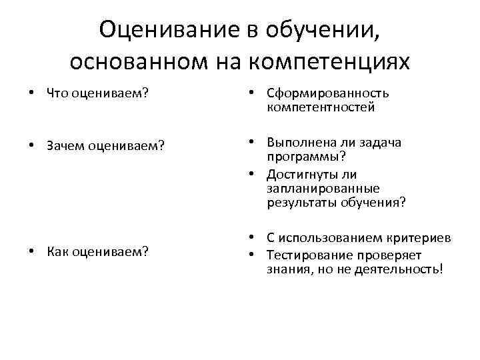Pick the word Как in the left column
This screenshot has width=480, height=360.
(x=58, y=252)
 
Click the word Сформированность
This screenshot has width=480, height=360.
(x=327, y=94)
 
